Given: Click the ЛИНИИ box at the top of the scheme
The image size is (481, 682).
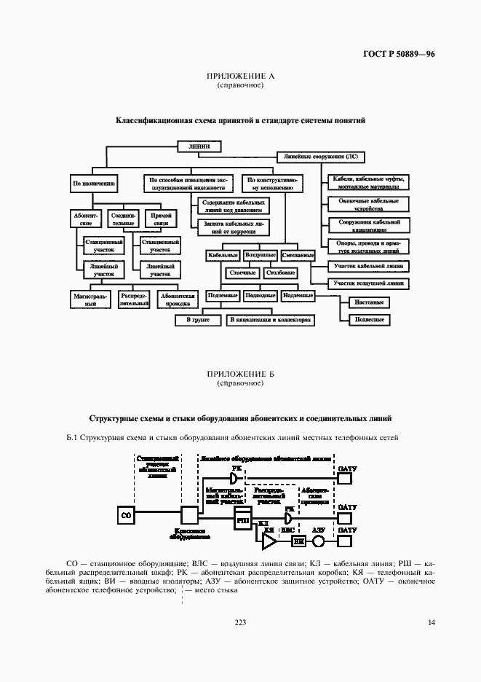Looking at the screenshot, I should [x=199, y=146].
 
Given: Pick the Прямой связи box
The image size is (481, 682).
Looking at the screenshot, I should [x=156, y=219].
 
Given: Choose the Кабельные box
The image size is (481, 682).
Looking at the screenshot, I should [x=223, y=256].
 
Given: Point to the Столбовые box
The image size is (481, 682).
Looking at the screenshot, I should [x=280, y=273].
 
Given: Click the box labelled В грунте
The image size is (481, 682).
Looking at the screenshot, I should [x=198, y=319].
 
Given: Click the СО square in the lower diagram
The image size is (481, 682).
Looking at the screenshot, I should [x=125, y=517].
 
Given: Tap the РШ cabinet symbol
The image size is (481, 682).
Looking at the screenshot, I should [x=221, y=521].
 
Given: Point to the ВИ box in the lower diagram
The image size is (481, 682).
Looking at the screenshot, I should [x=298, y=542].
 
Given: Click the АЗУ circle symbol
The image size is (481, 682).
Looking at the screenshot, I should [x=318, y=542].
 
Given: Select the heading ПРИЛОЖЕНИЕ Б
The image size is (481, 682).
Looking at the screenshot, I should [x=240, y=374].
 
